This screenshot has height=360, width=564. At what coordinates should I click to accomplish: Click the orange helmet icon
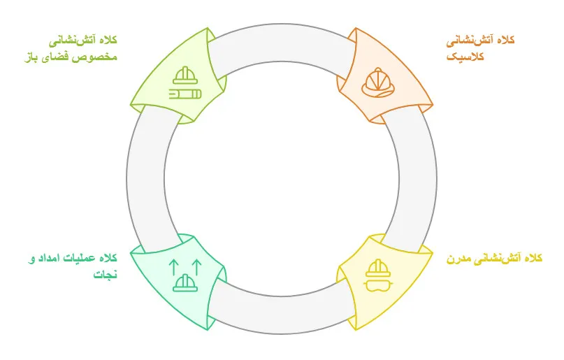pyautogui.click(x=378, y=82)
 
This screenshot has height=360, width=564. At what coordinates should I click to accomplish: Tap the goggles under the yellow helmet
pyautogui.click(x=378, y=285)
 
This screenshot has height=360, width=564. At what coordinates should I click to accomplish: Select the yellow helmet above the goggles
pyautogui.click(x=378, y=268)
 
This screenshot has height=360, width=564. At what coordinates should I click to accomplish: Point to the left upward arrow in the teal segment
pyautogui.click(x=174, y=268)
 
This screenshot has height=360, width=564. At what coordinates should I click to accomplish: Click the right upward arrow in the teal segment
pyautogui.click(x=196, y=268)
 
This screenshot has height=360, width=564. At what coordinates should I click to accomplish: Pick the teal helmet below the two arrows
pyautogui.click(x=185, y=282)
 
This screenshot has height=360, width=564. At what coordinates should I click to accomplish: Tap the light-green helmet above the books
pyautogui.click(x=185, y=75)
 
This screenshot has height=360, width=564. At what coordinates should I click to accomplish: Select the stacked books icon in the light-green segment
pyautogui.click(x=185, y=94)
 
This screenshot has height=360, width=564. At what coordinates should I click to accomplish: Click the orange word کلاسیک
pyautogui.click(x=465, y=57)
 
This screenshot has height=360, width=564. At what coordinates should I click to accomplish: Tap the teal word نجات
pyautogui.click(x=106, y=275)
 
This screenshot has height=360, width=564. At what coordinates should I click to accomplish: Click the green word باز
pyautogui.click(x=31, y=57)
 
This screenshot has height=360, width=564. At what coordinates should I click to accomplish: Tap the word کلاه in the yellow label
pyautogui.click(x=532, y=258)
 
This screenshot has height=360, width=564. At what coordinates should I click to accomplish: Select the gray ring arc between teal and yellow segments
pyautogui.click(x=282, y=315)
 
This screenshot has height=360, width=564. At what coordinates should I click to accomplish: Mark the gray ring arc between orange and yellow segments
pyautogui.click(x=418, y=179)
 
